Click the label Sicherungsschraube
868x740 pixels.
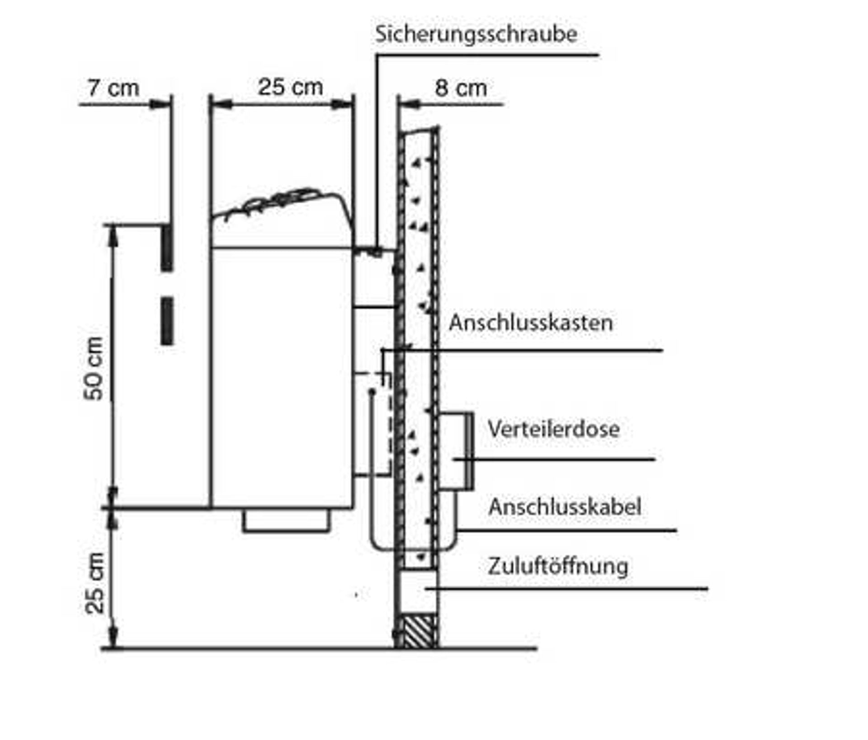tap(476, 35)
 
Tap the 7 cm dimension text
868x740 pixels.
tap(113, 88)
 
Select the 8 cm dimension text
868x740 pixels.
tap(461, 88)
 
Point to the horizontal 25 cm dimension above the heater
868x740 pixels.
tap(290, 87)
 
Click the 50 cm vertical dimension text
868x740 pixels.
tap(94, 369)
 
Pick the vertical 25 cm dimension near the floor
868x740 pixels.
tap(94, 583)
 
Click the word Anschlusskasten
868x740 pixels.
tap(531, 323)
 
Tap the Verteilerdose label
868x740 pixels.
tap(554, 429)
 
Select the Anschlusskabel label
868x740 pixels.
tap(565, 507)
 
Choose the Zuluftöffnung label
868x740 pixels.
tap(558, 567)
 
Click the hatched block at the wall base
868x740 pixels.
tap(419, 631)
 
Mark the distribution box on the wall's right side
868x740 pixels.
tap(456, 451)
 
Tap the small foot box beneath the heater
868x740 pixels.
tap(286, 521)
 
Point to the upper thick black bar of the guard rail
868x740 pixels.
tap(167, 248)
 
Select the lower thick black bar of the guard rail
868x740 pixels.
tap(167, 321)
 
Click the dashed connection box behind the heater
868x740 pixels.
tap(373, 424)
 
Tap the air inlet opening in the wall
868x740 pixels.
tap(418, 591)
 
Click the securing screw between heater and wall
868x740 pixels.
tap(376, 251)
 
